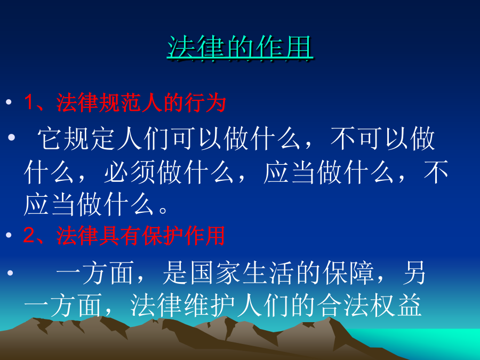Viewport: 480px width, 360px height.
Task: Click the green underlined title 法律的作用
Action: [240, 47]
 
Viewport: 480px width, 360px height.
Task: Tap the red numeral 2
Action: [29, 235]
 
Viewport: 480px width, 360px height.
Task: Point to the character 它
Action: [50, 138]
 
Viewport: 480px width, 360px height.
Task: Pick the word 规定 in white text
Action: [90, 138]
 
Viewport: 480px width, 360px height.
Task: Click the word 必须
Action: [130, 172]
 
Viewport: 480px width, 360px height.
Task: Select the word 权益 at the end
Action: [396, 305]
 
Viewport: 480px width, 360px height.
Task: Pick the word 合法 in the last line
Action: [342, 305]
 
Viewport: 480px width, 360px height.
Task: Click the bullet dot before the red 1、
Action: [9, 102]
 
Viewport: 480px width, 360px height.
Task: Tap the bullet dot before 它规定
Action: [11, 138]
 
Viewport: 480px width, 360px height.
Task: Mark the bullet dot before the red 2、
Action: [9, 235]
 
